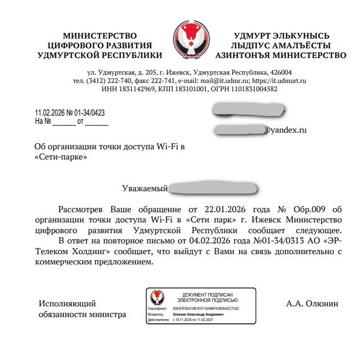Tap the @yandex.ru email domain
pyautogui.click(x=285, y=130)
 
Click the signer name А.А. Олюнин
pyautogui.click(x=312, y=303)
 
